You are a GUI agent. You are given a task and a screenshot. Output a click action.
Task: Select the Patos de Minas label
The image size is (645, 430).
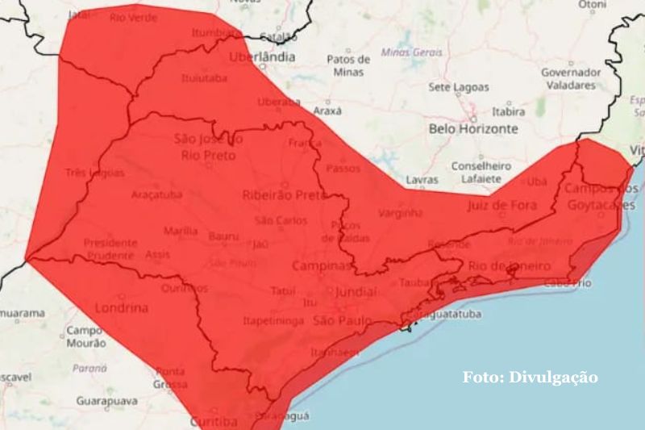(x=348, y=65)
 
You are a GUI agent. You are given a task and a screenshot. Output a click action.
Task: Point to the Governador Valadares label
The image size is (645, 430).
(x=571, y=77)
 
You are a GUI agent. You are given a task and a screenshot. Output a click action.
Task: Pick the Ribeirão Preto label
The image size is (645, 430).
(x=285, y=195)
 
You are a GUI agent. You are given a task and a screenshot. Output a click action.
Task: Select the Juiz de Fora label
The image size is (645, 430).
(x=501, y=205)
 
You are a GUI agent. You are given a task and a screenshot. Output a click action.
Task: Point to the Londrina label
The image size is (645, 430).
(x=122, y=308)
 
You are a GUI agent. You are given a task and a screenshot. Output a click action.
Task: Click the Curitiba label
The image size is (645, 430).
(x=213, y=421)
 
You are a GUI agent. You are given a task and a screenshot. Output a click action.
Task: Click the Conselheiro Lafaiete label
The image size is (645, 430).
(x=476, y=171)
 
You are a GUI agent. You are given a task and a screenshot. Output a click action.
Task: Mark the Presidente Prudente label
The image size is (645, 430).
(x=110, y=248)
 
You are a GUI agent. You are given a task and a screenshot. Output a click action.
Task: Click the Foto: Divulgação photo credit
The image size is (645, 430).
(x=530, y=377)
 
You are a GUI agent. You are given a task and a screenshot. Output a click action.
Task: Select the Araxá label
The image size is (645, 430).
(x=327, y=111)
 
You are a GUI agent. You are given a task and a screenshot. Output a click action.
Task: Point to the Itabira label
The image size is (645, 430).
(x=508, y=112)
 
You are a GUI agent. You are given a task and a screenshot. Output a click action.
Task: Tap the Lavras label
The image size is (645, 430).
(x=422, y=180)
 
